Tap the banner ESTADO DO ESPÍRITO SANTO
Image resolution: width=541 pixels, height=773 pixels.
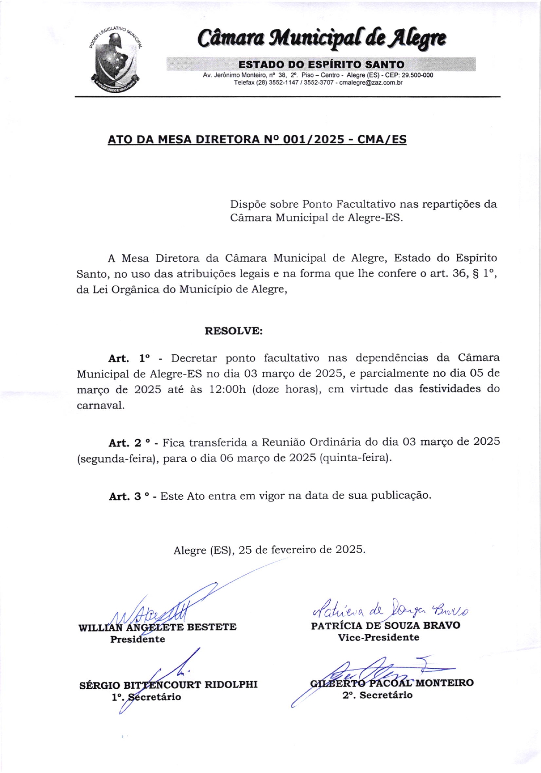(321, 65)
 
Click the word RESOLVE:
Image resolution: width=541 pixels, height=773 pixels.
(234, 331)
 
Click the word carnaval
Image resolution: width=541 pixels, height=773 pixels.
(100, 405)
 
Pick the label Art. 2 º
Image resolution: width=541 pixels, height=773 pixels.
(129, 443)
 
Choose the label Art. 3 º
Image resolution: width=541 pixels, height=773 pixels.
(129, 497)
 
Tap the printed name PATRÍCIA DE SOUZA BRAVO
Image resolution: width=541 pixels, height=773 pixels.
(385, 626)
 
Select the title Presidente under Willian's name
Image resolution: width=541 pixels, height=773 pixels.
(137, 640)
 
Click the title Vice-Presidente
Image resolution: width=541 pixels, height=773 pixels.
(378, 637)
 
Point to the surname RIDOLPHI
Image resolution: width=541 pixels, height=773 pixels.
(231, 684)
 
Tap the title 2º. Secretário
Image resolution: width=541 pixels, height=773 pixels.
(377, 695)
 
